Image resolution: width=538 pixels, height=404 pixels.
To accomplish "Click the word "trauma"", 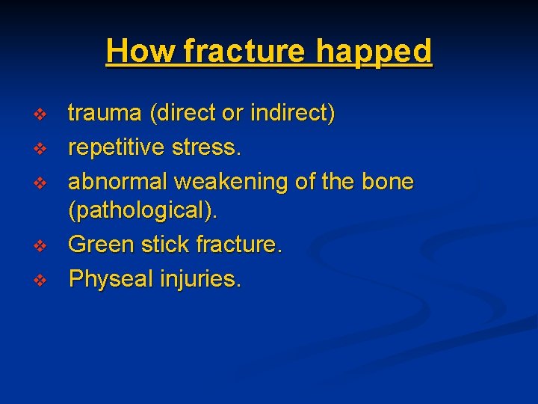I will click(106, 114).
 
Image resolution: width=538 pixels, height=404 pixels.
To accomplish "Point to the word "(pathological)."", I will click(143, 212).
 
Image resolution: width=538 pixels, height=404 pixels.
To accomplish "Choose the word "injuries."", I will click(200, 278).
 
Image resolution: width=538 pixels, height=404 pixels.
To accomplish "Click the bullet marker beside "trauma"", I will click(41, 114).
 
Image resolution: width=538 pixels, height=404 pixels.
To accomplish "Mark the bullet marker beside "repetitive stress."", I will click(41, 148).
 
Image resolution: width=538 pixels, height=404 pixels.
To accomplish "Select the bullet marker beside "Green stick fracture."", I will click(41, 245).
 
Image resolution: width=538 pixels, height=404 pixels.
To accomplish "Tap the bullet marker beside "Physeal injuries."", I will click(41, 279).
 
